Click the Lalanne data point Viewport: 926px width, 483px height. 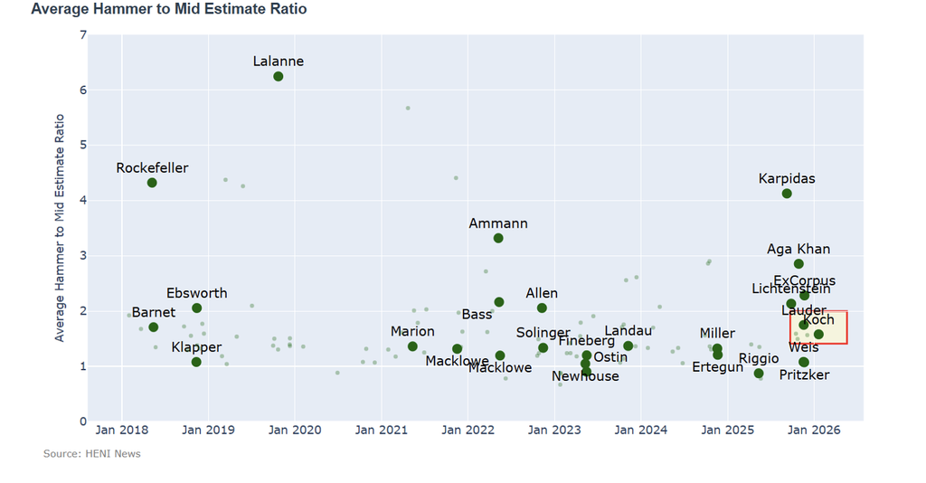click(279, 77)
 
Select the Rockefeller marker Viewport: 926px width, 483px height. click(152, 183)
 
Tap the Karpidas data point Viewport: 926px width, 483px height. click(787, 194)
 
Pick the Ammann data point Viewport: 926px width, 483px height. click(498, 238)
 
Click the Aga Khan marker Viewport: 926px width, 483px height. click(798, 264)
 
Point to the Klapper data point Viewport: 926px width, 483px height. click(196, 363)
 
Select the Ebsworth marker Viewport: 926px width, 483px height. click(197, 308)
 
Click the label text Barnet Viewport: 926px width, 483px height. click(154, 313)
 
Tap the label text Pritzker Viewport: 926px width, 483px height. click(804, 374)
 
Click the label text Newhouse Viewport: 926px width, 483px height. click(586, 376)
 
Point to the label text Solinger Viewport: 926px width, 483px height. click(543, 333)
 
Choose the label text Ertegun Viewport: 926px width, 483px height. click(717, 367)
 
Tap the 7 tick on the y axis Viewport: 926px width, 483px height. click(83, 35)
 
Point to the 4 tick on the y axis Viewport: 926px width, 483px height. click(83, 201)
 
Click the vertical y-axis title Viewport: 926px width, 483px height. click(61, 227)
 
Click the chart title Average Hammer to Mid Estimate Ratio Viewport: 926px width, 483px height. click(168, 9)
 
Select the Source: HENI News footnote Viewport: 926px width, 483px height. click(91, 453)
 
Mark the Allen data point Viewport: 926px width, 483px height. click(542, 308)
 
